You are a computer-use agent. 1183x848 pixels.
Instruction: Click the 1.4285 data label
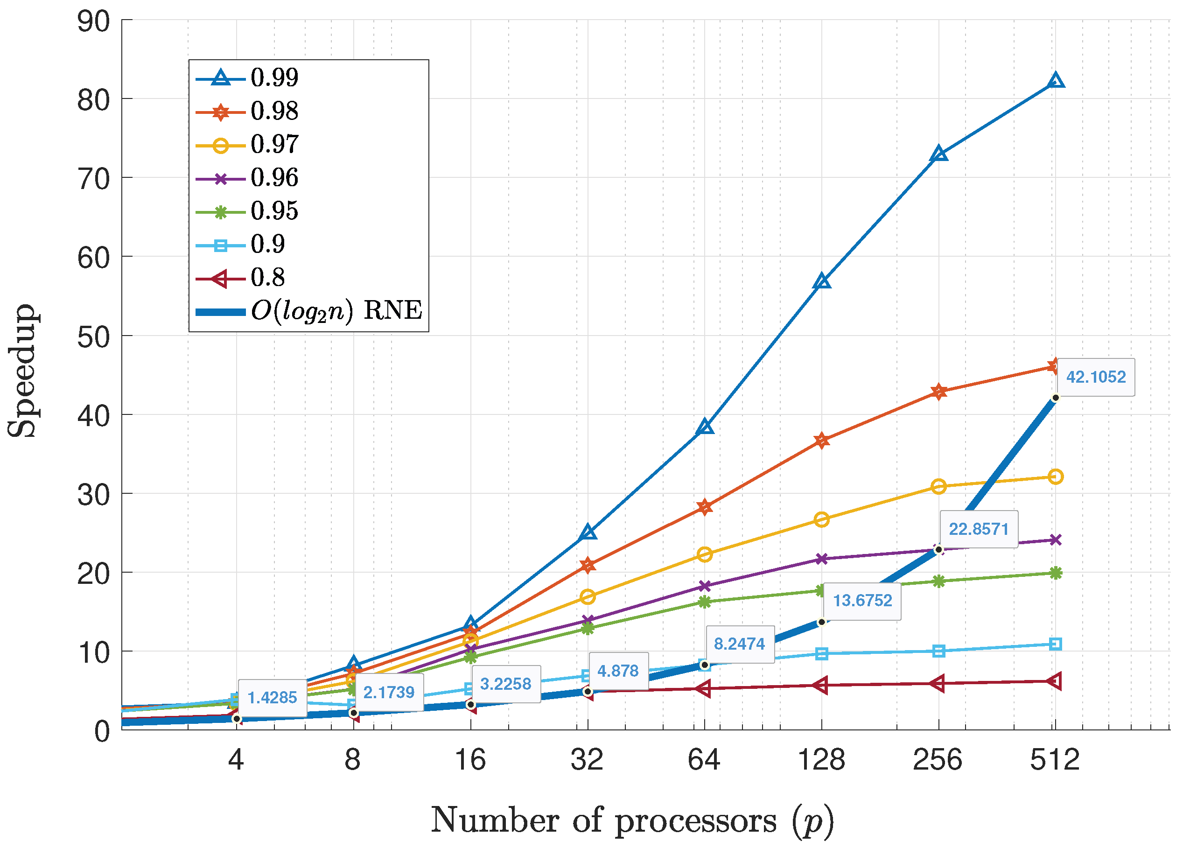point(272,698)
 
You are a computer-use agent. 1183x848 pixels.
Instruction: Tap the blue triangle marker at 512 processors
point(1055,80)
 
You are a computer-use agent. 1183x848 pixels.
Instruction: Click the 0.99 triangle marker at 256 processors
point(938,154)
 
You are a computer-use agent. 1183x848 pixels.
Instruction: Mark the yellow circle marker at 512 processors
point(1055,477)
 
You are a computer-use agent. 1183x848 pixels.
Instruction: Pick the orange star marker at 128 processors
point(821,441)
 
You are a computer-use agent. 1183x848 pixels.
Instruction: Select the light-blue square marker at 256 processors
point(938,651)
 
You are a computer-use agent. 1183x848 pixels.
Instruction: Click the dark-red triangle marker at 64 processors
point(704,689)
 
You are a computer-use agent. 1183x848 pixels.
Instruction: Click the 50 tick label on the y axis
point(94,337)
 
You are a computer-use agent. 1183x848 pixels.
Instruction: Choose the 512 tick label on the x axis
point(1054,760)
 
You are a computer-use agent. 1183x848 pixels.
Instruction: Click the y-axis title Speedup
point(22,370)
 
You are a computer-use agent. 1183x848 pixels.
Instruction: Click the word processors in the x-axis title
point(695,821)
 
